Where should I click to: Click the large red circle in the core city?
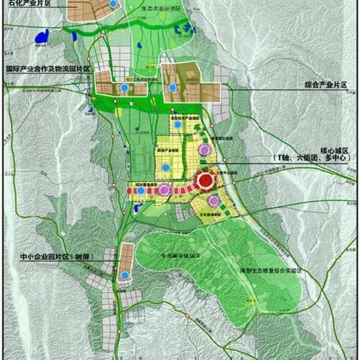(x=205, y=181)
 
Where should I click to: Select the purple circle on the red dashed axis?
(x=164, y=191)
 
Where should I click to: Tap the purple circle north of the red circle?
(x=202, y=151)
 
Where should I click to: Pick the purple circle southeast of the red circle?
(x=214, y=201)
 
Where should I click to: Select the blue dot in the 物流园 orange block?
(x=122, y=88)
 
